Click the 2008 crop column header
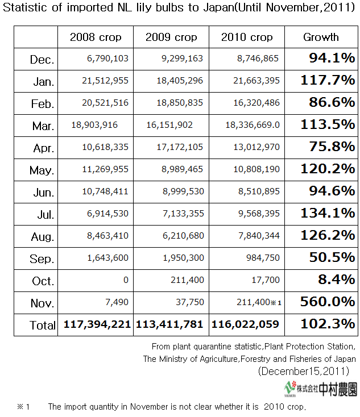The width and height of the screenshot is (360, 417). coord(96,37)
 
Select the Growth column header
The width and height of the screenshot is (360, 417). coord(321,37)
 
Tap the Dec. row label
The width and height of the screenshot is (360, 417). coord(42,60)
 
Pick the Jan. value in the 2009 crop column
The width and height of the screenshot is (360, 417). coord(180,80)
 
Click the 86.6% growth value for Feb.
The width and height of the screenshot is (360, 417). coord(332,102)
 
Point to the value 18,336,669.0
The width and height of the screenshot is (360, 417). coord(253,125)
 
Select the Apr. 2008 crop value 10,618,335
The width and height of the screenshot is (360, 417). coord(105,147)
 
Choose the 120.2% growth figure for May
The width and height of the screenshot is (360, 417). coord(328,169)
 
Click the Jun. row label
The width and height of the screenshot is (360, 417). coord(44,193)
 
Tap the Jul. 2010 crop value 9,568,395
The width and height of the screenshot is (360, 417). coord(259,213)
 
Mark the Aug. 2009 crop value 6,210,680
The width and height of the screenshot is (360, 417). coord(184,235)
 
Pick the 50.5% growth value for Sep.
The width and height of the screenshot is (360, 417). coord(332,257)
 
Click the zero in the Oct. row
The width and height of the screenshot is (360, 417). coord(126,280)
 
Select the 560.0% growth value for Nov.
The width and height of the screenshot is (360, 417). coord(328,302)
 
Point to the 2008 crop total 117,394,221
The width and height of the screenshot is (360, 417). coord(97,324)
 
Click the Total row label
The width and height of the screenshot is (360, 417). coord(43,326)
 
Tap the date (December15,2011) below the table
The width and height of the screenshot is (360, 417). coord(304,371)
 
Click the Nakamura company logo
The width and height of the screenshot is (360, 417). coord(321,389)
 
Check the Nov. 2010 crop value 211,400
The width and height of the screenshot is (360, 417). coord(254,302)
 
